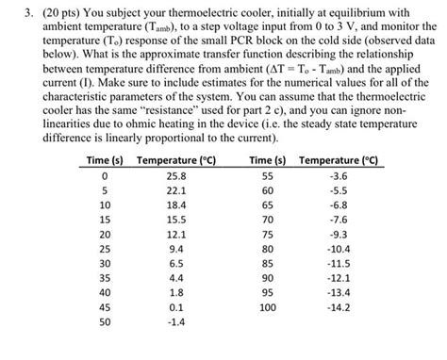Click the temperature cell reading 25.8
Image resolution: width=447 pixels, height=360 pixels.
(176, 175)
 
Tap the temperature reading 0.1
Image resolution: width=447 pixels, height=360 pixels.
(176, 306)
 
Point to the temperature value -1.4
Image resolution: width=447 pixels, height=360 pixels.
(176, 321)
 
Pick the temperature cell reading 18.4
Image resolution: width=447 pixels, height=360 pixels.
(176, 204)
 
